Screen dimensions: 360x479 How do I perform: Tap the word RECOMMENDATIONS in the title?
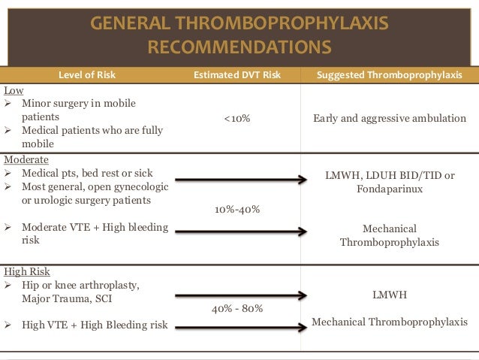click(239, 48)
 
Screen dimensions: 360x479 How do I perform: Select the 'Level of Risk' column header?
click(87, 75)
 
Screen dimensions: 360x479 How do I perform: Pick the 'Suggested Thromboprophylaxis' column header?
click(389, 75)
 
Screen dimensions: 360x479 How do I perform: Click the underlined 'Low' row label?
click(14, 90)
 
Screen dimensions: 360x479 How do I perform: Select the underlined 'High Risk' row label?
click(27, 271)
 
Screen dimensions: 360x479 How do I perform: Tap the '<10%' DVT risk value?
click(236, 119)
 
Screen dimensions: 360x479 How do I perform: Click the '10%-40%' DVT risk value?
click(237, 209)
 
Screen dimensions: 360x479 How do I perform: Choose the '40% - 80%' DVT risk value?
click(237, 308)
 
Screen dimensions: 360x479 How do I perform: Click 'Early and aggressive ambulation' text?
click(389, 119)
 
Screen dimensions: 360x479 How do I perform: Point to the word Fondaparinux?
click(390, 189)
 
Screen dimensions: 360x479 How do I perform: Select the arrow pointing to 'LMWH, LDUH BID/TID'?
click(240, 180)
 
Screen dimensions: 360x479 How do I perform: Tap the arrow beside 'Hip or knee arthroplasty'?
click(240, 295)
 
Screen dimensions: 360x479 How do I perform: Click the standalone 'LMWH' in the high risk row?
click(390, 295)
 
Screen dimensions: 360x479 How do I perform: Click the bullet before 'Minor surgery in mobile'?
click(10, 103)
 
